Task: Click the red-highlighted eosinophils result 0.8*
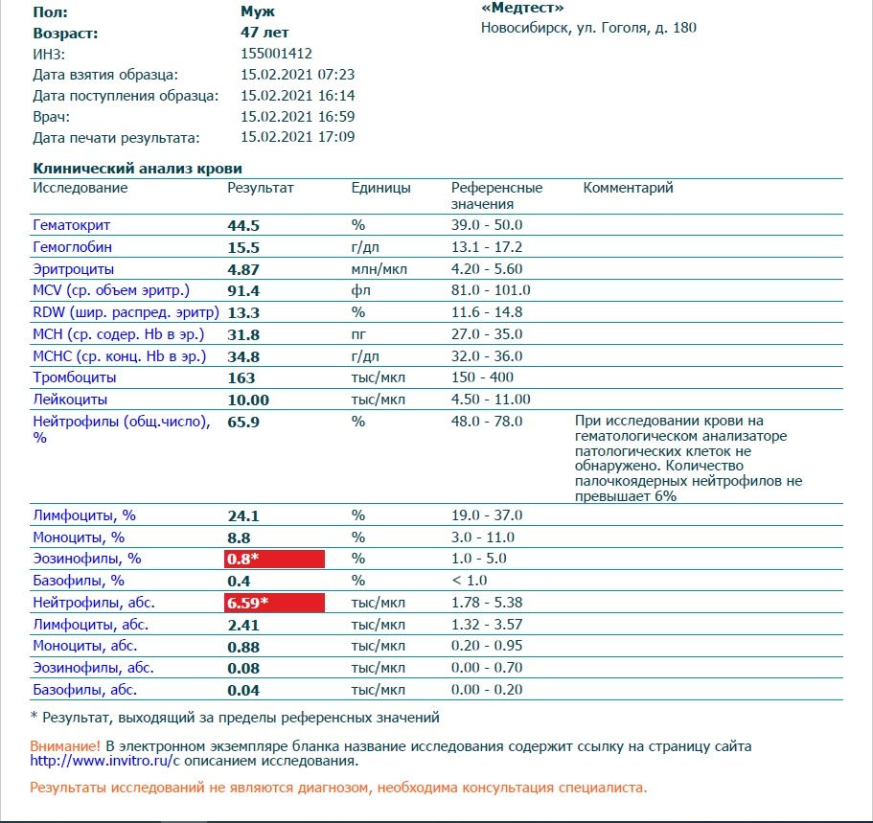pos(274,559)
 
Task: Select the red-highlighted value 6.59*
pos(274,604)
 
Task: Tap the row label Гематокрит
pos(72,225)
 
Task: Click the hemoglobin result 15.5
pos(243,247)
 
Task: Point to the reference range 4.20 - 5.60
pos(487,269)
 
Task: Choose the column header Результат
pos(261,188)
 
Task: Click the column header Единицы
pos(380,188)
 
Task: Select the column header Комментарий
pos(628,188)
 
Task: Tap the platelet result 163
pos(241,377)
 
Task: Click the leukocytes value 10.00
pos(248,400)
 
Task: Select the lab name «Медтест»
pos(522,8)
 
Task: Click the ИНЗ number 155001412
pos(276,54)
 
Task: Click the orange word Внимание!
pos(65,745)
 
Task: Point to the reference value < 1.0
pos(471,581)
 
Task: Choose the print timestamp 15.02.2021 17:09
pos(298,137)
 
